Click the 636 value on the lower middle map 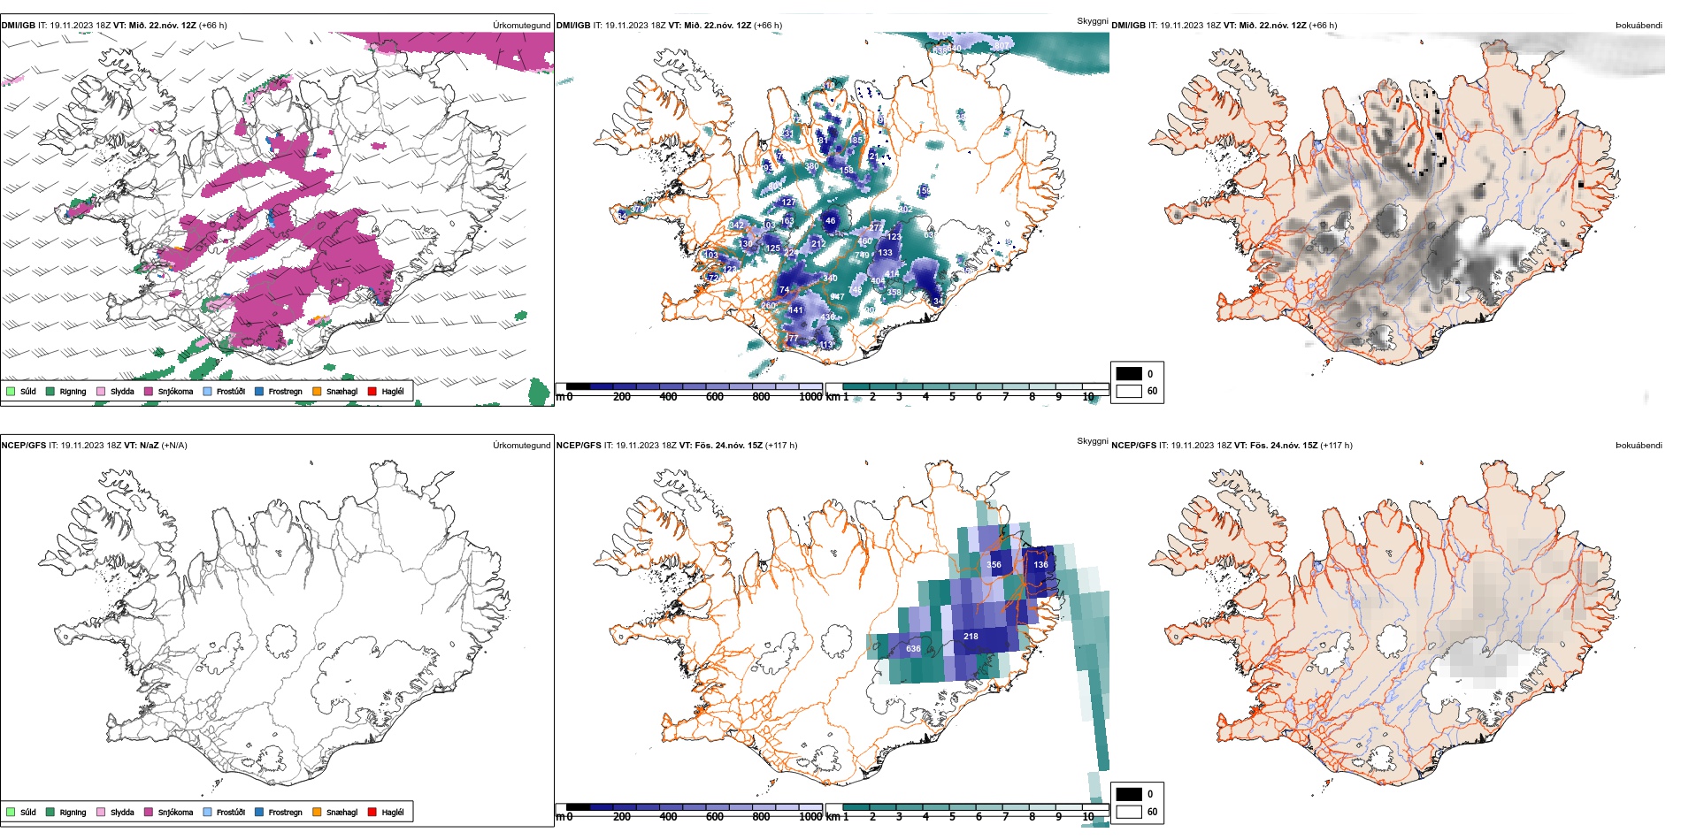coord(913,649)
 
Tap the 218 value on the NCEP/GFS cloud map coord(971,637)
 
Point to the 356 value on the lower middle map coord(994,565)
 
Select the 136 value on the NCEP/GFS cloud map coord(1040,565)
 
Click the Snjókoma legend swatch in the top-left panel coord(149,391)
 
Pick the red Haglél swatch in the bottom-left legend coord(372,812)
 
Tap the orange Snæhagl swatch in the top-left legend coord(317,391)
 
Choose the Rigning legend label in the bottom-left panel coord(73,813)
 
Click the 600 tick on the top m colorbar coord(714,397)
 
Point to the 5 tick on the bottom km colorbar coord(952,817)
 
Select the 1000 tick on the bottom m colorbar coord(810,817)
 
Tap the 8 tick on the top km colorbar coord(1032,397)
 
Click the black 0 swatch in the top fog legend coord(1129,374)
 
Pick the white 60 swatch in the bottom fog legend coord(1129,812)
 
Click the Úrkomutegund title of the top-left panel coord(521,26)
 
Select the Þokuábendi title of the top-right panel coord(1639,26)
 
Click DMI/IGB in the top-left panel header coord(19,26)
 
